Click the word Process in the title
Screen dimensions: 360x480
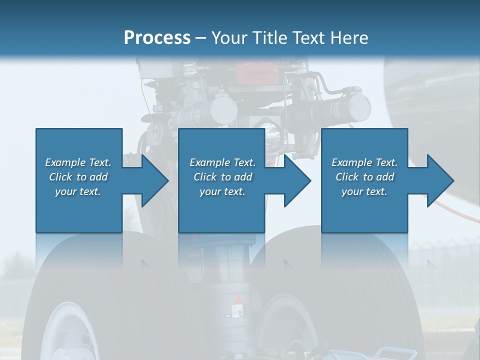tap(157, 38)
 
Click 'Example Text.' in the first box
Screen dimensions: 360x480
tap(78, 162)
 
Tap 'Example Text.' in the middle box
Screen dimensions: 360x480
tap(222, 162)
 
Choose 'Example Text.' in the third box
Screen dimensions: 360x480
tap(364, 162)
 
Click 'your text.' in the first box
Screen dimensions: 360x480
tap(78, 191)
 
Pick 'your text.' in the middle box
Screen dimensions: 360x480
tap(222, 191)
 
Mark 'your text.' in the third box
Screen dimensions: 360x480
tap(364, 191)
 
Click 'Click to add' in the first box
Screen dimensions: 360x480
tap(78, 177)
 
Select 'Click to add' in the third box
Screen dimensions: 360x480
tap(364, 177)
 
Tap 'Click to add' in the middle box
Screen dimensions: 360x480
tap(222, 177)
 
